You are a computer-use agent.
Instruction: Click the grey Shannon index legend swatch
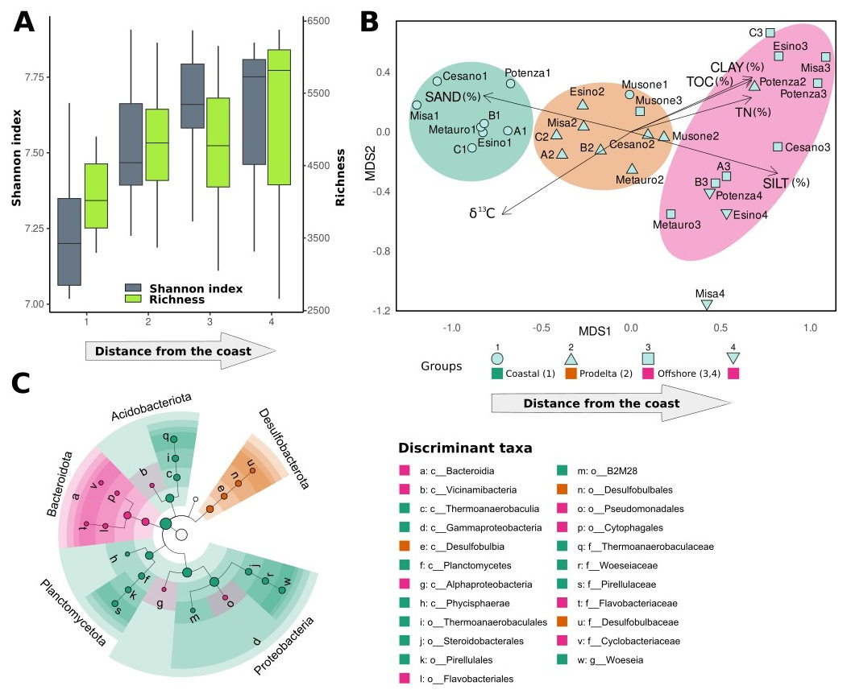[x=134, y=287]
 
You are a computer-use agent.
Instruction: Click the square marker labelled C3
[x=770, y=32]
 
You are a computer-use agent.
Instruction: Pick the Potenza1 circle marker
[x=510, y=83]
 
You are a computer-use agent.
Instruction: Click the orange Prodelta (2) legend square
[x=570, y=374]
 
